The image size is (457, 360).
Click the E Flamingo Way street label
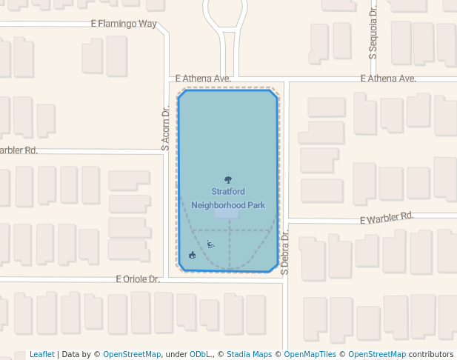tap(124, 24)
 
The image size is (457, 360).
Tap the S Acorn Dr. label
tap(166, 127)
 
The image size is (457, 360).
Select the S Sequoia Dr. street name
tap(374, 34)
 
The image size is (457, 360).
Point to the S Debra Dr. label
tap(284, 252)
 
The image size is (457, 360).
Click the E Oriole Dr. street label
tap(138, 279)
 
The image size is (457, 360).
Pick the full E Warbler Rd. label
tap(387, 218)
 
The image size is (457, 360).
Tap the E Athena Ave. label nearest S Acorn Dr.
tap(204, 78)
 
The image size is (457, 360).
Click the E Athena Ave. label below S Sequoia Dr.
tap(388, 78)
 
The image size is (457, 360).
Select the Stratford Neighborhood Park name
tap(228, 198)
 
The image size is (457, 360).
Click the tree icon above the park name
tap(228, 180)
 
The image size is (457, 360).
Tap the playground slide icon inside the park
tap(211, 244)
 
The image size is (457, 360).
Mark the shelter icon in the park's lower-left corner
tap(193, 255)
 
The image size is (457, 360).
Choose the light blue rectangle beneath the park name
tap(227, 213)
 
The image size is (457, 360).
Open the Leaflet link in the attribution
tap(41, 355)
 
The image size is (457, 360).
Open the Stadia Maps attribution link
tap(249, 355)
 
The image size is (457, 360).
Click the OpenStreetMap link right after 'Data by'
tap(132, 355)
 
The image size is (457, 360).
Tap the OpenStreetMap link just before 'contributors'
tap(377, 355)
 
